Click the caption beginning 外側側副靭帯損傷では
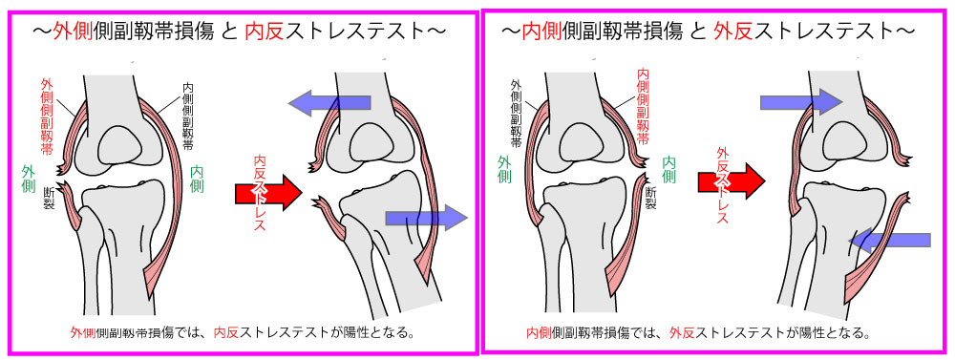pyautogui.click(x=242, y=332)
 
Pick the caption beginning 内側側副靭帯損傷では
pyautogui.click(x=698, y=332)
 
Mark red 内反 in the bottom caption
pyautogui.click(x=226, y=332)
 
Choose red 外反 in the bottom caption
pyautogui.click(x=682, y=332)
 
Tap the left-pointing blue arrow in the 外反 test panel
pyautogui.click(x=890, y=240)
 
